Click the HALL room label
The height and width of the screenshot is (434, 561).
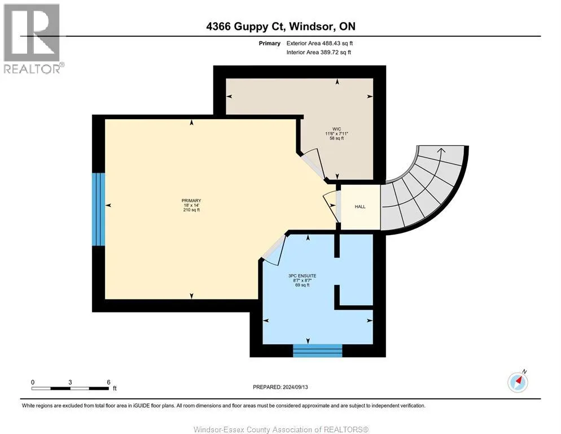coord(360,207)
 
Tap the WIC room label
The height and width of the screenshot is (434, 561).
coord(336,129)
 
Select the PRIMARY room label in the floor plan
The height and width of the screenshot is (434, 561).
coord(191,201)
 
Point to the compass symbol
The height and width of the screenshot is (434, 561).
coord(517,382)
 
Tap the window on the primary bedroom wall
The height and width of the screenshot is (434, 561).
coord(99,209)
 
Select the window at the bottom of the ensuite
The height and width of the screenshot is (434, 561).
coord(317,351)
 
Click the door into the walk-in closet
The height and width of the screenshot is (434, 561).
coord(310,164)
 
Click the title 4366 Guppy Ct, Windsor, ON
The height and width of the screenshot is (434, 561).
coord(280,27)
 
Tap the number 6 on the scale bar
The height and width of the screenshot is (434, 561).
coord(108,382)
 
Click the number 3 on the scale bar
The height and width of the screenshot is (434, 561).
coord(70,382)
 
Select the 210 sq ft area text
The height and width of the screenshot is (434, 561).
coord(191,210)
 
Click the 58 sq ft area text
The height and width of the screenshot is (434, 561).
coord(336,138)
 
